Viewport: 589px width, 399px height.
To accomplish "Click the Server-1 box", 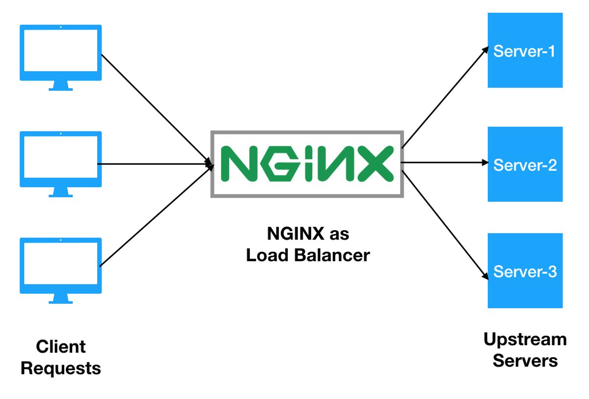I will coord(525,51).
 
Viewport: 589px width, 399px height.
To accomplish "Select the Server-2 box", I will coord(525,164).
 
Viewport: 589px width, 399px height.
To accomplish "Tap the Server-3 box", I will coord(525,271).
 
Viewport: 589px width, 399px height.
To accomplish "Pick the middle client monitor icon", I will coord(60,160).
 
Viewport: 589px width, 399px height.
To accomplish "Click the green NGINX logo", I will coord(307,164).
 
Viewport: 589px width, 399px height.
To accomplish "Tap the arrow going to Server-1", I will coord(444,98).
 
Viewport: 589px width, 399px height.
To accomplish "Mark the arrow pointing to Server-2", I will coord(444,162).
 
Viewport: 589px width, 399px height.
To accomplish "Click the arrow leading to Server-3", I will coord(444,223).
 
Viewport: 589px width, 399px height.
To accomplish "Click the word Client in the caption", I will coord(61,346).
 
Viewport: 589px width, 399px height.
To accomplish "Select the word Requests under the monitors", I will coord(61,368).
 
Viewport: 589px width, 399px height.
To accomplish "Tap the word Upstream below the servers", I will coord(525,339).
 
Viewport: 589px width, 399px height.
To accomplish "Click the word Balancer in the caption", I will coord(331,255).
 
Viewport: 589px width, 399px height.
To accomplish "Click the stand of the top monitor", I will coord(60,86).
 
